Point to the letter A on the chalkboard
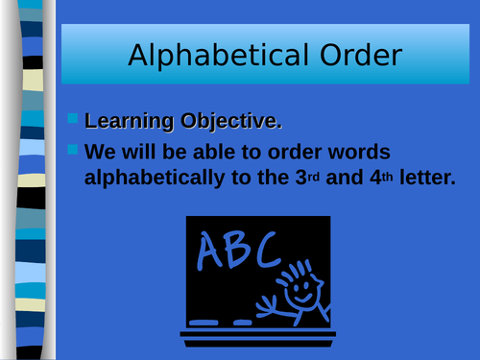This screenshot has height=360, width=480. click(x=208, y=252)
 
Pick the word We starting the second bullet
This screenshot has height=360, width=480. click(x=100, y=153)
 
